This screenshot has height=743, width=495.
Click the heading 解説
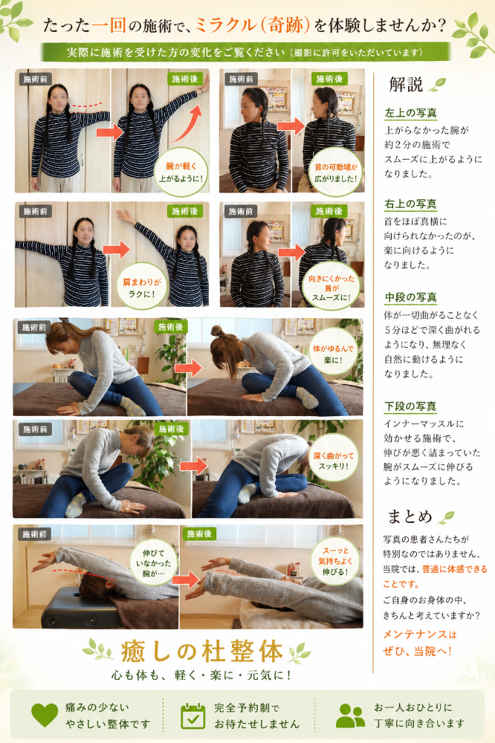tap(406, 85)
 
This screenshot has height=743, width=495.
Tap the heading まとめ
tap(410, 516)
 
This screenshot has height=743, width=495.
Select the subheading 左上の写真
tap(410, 113)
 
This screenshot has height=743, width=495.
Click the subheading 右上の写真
tap(410, 204)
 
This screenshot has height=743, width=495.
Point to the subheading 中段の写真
tap(410, 297)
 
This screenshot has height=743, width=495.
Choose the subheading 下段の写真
tap(410, 406)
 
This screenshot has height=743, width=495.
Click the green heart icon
tap(45, 716)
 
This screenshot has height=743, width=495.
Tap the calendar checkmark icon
tap(193, 716)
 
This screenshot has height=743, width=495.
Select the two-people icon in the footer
tap(350, 716)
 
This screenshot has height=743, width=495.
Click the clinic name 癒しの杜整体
tap(202, 651)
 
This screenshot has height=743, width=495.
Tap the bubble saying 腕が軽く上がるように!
tap(181, 172)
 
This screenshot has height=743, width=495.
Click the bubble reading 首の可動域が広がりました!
tap(336, 172)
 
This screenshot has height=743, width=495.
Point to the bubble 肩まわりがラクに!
tap(142, 287)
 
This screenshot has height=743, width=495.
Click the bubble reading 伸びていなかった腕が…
tap(154, 562)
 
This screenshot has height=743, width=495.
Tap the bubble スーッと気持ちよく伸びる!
tap(335, 561)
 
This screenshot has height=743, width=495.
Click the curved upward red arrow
tap(189, 124)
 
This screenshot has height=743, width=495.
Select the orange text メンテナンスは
tap(420, 635)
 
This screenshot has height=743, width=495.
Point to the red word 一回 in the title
tap(109, 25)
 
